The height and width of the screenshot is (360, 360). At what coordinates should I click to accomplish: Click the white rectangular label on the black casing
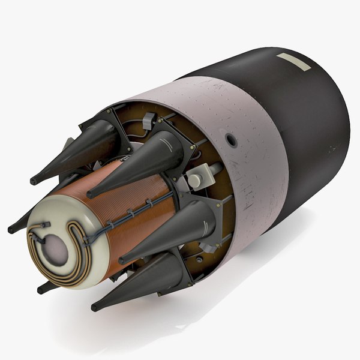tap(294, 62)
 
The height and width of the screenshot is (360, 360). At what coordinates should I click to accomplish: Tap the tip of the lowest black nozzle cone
tap(95, 308)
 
